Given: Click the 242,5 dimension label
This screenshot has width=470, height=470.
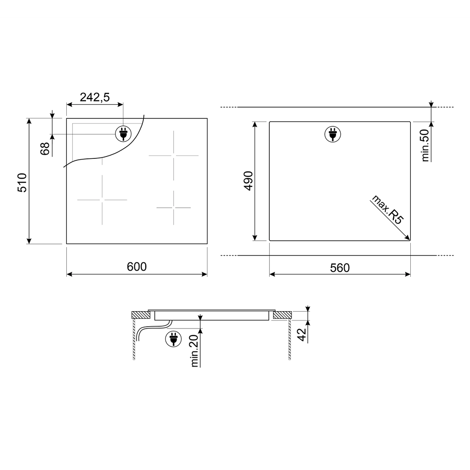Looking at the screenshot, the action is point(95,97).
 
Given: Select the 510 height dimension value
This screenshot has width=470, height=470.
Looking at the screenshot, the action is point(23,182).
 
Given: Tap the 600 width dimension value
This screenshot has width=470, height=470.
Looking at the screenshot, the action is point(137,267).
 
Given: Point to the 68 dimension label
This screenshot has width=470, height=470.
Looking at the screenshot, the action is point(45,149).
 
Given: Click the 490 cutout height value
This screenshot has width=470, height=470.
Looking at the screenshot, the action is point(249,181).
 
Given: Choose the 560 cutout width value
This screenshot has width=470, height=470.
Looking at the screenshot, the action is point(340,268).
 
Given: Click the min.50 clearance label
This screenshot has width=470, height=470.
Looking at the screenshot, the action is point(425,145).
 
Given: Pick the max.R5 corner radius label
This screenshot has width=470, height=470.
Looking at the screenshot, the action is point(388,210).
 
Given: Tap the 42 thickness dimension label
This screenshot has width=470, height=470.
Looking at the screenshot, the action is point(302,335).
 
